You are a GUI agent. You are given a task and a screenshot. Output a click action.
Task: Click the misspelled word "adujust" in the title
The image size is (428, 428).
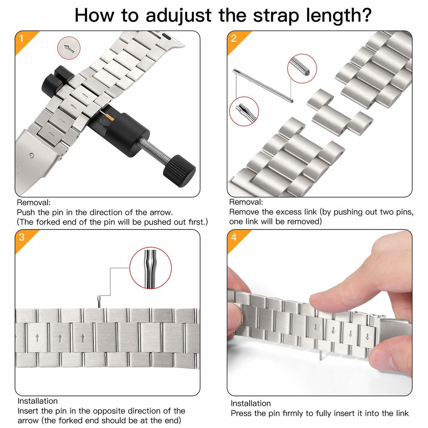click(x=178, y=15)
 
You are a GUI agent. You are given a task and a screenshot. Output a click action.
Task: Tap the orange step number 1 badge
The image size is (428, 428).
click(x=23, y=40)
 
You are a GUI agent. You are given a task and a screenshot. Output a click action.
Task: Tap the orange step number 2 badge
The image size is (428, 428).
click(x=236, y=40)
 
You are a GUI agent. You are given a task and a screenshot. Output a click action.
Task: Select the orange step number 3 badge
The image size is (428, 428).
click(x=23, y=238)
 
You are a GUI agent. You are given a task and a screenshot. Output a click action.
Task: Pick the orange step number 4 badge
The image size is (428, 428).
click(x=236, y=238)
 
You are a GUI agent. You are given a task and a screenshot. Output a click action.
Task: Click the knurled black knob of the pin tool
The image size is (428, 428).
click(x=179, y=171)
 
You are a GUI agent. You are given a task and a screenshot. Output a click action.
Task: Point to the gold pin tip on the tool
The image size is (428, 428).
click(x=109, y=117)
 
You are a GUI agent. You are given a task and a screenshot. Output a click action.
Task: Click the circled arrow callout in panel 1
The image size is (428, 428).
click(x=69, y=48)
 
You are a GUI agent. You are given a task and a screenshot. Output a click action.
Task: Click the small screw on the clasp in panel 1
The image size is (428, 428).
click(x=32, y=156)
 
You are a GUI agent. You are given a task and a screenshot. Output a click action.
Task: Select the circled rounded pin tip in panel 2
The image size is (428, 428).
click(x=302, y=69)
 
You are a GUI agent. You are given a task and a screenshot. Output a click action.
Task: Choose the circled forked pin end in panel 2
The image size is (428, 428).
click(x=244, y=111)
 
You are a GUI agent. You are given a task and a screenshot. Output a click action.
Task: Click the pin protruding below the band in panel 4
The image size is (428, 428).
click(x=321, y=355)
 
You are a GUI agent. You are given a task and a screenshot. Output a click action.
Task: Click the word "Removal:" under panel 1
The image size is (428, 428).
click(x=33, y=203)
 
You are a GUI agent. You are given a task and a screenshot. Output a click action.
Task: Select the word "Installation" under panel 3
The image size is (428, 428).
click(x=37, y=401)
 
